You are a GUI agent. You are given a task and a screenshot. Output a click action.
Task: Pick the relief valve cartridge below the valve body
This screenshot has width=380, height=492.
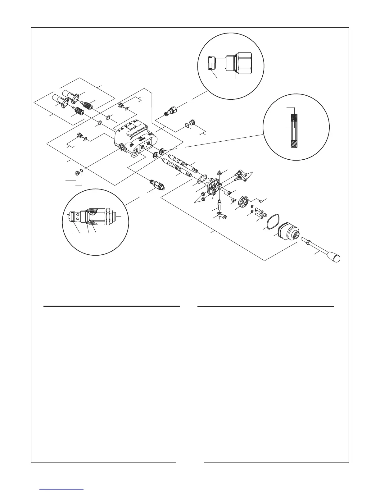click(x=157, y=185)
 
